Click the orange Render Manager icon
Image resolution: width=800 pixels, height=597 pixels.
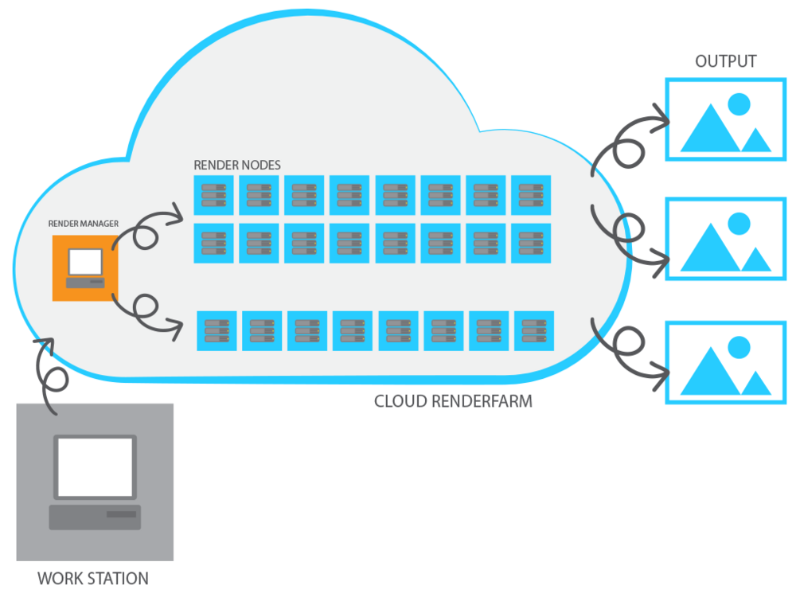pyautogui.click(x=84, y=267)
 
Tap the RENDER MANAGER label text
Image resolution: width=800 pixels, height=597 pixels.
pyautogui.click(x=83, y=224)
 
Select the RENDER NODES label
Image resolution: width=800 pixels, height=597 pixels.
pyautogui.click(x=237, y=165)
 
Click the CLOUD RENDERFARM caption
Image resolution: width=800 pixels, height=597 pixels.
pyautogui.click(x=453, y=401)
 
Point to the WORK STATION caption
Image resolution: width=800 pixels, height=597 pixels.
pyautogui.click(x=93, y=578)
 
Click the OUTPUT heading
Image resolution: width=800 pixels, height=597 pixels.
pyautogui.click(x=725, y=61)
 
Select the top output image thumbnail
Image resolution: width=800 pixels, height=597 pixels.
pyautogui.click(x=725, y=120)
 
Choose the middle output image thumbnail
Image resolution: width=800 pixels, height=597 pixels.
pyautogui.click(x=725, y=239)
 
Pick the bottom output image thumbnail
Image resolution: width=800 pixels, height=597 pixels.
pyautogui.click(x=725, y=362)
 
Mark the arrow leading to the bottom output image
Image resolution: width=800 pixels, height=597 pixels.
pyautogui.click(x=629, y=350)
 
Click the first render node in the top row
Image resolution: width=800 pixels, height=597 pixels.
pyautogui.click(x=213, y=195)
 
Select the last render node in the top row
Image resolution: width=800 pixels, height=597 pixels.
pyautogui.click(x=531, y=195)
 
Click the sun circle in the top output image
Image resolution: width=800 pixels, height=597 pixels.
pyautogui.click(x=739, y=103)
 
